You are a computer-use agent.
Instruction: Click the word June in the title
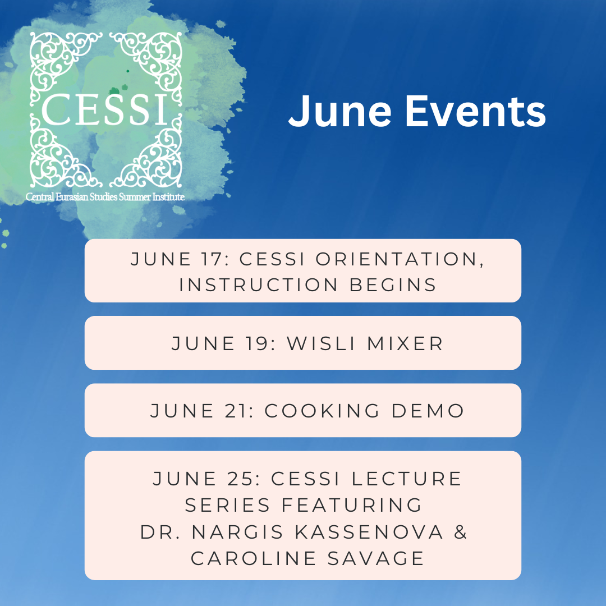(339, 111)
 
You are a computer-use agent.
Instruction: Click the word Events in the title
(476, 111)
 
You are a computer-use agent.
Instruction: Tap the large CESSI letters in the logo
(105, 109)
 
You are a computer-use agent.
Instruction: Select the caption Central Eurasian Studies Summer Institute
(105, 197)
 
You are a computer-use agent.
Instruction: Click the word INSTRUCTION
(259, 285)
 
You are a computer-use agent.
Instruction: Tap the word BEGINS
(393, 285)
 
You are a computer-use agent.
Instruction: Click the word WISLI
(321, 343)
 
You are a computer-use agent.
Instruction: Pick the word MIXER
(405, 343)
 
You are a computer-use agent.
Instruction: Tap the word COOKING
(322, 411)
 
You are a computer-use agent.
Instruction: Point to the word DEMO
(428, 411)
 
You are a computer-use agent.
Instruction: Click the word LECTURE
(406, 479)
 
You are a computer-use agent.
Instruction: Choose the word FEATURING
(352, 505)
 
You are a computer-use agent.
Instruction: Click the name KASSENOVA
(369, 532)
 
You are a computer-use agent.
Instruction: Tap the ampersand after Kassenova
(461, 532)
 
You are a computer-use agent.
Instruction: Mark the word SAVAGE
(376, 558)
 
